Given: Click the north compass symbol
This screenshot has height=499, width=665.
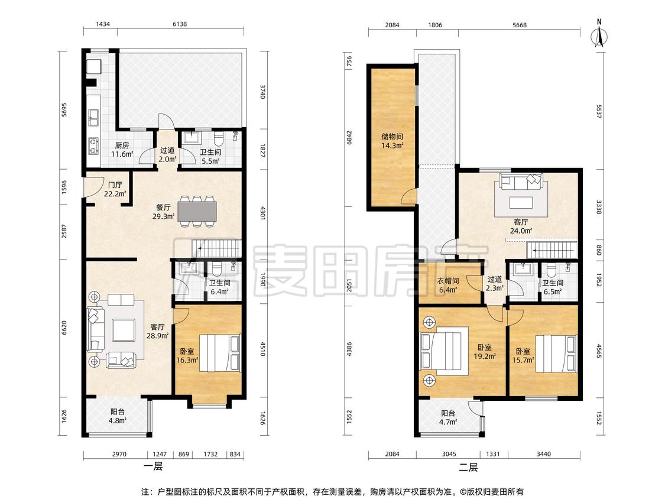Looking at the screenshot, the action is click(599, 34).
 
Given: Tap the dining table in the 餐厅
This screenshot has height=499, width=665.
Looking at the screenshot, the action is click(197, 211).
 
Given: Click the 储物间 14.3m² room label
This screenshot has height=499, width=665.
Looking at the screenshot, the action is click(392, 141).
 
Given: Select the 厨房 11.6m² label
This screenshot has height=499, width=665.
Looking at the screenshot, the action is click(122, 150).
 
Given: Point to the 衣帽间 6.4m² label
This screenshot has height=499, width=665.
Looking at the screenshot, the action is click(448, 285).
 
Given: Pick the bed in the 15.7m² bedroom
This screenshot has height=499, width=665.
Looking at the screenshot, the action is click(556, 354).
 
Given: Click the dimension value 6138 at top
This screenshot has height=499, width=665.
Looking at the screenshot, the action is click(179, 24).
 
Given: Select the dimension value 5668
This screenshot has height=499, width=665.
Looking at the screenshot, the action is click(519, 25).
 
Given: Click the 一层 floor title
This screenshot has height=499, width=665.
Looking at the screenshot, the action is click(153, 467).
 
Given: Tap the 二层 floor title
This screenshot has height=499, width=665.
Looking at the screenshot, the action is click(468, 468).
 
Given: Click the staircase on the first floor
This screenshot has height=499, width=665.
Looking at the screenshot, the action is click(216, 248).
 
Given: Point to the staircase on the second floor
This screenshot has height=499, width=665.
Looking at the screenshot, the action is click(552, 250).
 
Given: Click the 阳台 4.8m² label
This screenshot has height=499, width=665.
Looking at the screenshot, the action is click(118, 416).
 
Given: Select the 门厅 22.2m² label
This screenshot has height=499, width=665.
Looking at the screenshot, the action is click(115, 189).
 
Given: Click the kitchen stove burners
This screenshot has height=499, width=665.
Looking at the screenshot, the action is click(93, 145).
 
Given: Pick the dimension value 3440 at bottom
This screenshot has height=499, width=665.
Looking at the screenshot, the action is click(543, 454).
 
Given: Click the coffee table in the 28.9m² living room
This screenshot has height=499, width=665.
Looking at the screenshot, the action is click(124, 330).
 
